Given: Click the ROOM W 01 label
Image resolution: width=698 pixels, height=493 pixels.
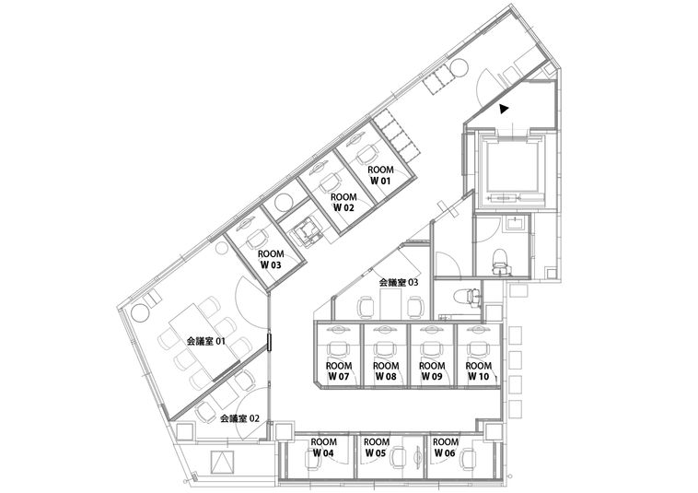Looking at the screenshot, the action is [381, 175].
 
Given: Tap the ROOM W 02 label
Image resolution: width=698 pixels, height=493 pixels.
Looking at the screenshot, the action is [343, 202].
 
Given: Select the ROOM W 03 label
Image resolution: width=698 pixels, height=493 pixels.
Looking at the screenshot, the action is [271, 259].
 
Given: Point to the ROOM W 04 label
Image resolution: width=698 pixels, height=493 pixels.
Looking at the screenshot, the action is [323, 448].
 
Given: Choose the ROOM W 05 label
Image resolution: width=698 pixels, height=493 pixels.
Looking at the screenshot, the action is [377, 448].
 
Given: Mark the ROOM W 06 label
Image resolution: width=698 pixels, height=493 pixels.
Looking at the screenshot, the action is [445, 448].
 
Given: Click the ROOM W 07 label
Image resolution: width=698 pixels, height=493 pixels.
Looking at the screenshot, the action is [339, 371].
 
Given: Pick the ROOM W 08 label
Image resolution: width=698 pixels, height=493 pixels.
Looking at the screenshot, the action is [386, 371].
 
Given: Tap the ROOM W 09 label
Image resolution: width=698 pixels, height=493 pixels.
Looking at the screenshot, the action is [432, 371].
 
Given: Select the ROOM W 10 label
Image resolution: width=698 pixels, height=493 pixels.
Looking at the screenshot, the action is [479, 371].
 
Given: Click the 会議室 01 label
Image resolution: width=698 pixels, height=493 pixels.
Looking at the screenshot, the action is [205, 342].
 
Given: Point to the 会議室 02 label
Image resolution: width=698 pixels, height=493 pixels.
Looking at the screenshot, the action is [240, 418].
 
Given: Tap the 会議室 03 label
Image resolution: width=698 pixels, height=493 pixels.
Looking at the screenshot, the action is [399, 282].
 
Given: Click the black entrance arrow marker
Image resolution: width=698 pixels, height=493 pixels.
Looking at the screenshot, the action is [503, 109].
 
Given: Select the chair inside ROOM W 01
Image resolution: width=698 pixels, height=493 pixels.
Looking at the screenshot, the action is [367, 154].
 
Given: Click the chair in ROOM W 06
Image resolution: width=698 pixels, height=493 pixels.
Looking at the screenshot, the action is [468, 458].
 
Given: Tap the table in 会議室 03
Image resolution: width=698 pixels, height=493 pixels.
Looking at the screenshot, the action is [391, 304].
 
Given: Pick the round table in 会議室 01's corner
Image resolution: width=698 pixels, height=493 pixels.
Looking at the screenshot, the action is [140, 312].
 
